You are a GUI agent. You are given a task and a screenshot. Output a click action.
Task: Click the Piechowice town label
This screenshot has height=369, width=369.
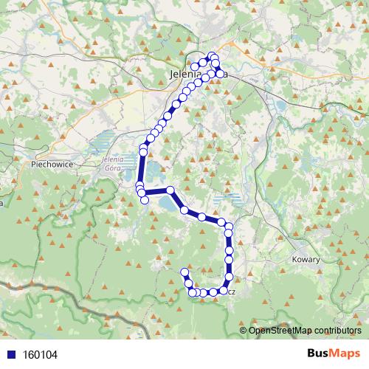52,165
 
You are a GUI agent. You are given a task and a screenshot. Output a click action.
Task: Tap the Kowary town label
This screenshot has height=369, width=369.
306,260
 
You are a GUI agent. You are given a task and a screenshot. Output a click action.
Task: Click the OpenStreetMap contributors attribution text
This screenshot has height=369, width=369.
305,331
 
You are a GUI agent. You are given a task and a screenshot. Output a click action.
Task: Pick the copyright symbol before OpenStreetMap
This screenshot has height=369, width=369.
244,331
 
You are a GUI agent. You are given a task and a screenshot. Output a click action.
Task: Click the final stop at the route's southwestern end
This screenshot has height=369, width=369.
184,272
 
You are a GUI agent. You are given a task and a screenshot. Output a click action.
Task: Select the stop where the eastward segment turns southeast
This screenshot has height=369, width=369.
170,190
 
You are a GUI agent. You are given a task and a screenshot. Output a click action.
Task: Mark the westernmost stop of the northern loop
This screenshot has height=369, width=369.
195,67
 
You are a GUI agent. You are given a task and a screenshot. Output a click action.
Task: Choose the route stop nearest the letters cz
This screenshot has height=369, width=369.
223,291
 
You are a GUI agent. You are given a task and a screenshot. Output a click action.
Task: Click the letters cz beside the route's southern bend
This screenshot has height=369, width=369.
231,292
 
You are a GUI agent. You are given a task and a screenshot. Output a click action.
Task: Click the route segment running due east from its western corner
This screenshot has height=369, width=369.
157,193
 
